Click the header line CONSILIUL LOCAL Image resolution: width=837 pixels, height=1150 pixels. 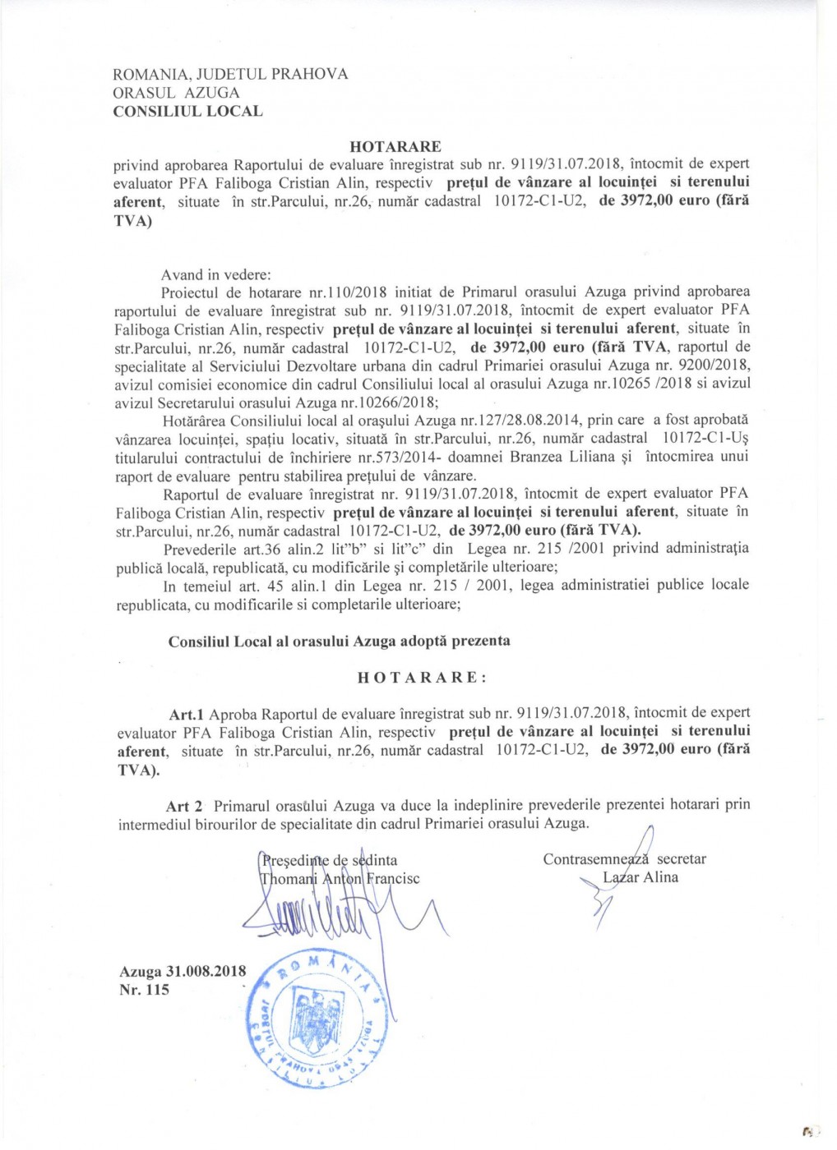click(x=187, y=111)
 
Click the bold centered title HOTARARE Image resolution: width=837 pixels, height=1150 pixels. click(x=395, y=146)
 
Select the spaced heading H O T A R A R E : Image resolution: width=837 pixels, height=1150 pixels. click(x=422, y=678)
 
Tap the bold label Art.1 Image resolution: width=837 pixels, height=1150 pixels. click(x=187, y=713)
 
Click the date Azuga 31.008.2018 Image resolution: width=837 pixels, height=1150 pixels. click(x=183, y=971)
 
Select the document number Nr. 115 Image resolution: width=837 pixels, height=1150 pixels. click(x=144, y=990)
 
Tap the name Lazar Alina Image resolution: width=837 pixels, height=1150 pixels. click(x=640, y=877)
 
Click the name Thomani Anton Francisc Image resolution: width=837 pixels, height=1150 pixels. click(x=340, y=878)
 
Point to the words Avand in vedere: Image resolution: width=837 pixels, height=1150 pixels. click(x=215, y=274)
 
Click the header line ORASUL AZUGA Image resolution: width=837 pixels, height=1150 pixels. click(x=176, y=93)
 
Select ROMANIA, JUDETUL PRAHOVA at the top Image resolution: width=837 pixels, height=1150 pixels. click(x=230, y=74)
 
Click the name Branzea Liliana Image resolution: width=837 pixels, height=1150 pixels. click(x=561, y=457)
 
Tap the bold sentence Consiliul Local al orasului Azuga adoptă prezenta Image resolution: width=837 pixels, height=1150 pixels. click(x=339, y=641)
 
